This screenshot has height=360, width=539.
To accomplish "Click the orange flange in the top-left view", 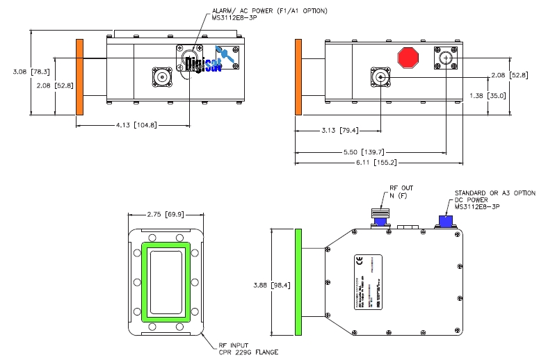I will pyautogui.click(x=79, y=76).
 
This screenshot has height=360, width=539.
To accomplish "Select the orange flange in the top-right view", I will pyautogui.click(x=298, y=76).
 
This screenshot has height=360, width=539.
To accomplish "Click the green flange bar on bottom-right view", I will pyautogui.click(x=300, y=281).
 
